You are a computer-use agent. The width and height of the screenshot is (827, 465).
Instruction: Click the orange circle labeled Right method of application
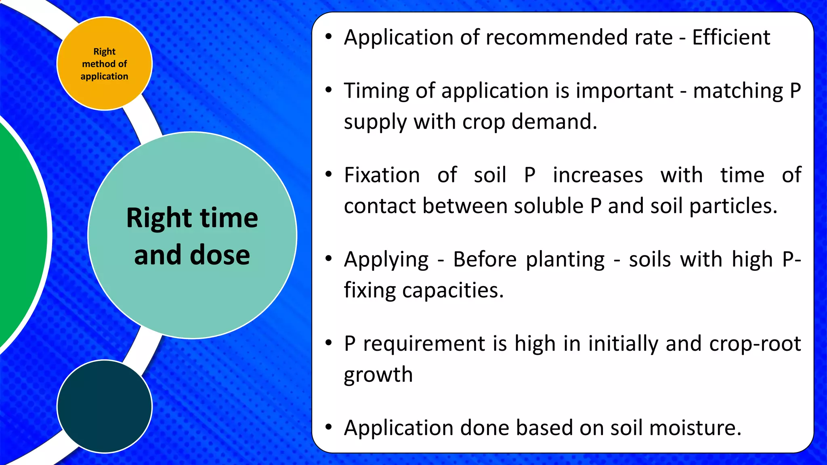point(105,63)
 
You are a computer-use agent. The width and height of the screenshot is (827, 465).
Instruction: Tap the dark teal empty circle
point(105,406)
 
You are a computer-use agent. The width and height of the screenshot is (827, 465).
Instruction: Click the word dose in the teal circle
point(220,255)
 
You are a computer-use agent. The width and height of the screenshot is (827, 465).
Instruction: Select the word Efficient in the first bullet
point(731,38)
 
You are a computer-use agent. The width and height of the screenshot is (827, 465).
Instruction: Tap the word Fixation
point(382,176)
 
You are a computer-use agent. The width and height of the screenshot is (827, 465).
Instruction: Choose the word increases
point(598,176)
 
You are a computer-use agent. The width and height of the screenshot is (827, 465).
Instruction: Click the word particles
point(733,206)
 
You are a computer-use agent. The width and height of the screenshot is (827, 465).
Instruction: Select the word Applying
point(386,260)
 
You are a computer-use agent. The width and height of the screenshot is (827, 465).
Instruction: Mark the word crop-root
point(755,344)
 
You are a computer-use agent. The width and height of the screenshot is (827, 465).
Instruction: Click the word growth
point(378,375)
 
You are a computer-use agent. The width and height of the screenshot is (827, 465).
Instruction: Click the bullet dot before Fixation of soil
point(329,174)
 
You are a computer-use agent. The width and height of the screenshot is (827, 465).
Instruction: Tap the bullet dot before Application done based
point(329,427)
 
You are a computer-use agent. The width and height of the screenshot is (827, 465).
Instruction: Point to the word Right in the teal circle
point(159,218)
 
